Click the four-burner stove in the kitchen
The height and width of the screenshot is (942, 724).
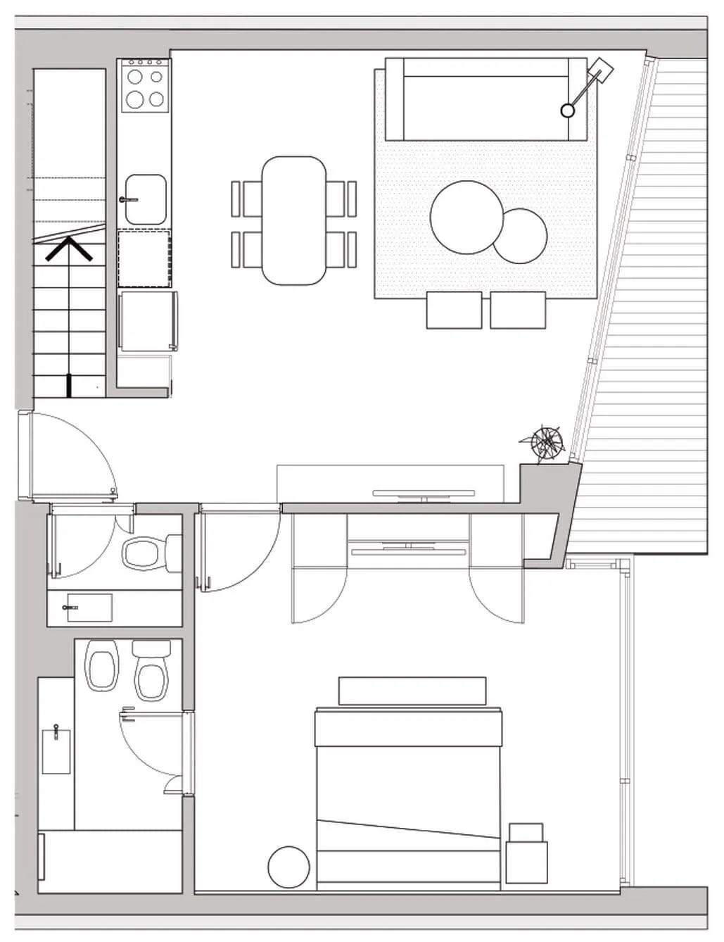(x=144, y=86)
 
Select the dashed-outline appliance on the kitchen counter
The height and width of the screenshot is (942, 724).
(x=144, y=258)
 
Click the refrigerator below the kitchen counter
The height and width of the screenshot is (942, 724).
(x=147, y=320)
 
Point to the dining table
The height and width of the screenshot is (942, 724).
(x=294, y=220)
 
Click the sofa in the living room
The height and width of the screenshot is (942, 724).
(x=485, y=99)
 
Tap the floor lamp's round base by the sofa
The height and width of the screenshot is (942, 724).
(x=567, y=110)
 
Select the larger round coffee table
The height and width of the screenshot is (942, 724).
(x=466, y=217)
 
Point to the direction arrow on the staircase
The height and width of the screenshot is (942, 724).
(x=69, y=249)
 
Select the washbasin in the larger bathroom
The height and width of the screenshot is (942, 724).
(x=56, y=751)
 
